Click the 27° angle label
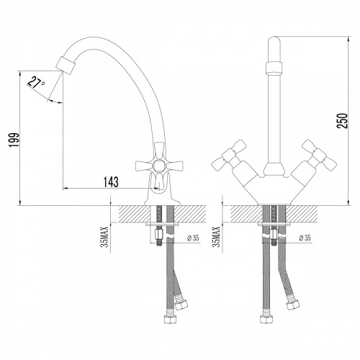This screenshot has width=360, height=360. coord(36,83)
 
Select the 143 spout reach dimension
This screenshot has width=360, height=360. coord(111,182)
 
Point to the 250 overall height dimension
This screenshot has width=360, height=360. coord(342,120)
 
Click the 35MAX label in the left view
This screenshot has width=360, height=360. coord(105,236)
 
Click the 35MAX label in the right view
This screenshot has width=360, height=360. coord(217,236)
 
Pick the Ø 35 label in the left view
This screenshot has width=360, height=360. coord(192,238)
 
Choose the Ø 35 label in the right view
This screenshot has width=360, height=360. coord(305,238)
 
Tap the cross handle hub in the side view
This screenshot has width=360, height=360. coord(158,166)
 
